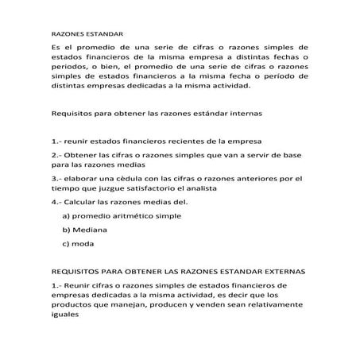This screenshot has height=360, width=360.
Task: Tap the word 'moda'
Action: point(83,243)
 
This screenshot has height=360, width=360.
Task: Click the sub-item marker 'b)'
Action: point(66,230)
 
